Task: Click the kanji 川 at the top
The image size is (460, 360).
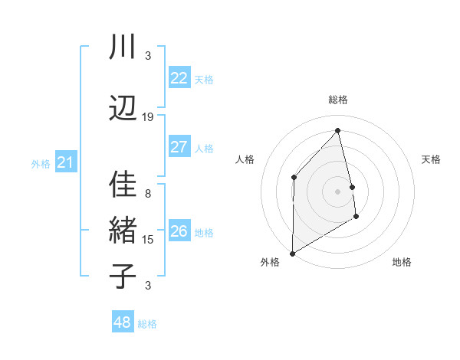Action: (123, 48)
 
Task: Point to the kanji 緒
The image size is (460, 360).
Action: (123, 231)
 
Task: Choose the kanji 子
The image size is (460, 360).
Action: (123, 275)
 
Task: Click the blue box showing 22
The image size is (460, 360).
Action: (179, 78)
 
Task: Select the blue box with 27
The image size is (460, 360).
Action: (179, 147)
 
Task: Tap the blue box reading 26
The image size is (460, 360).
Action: (179, 231)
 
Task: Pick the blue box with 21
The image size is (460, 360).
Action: (66, 162)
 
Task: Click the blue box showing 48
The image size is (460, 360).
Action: (123, 322)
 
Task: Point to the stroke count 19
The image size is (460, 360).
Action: (148, 117)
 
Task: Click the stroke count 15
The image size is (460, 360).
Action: (148, 240)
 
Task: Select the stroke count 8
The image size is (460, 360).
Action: (148, 194)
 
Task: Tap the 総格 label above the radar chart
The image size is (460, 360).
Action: (337, 100)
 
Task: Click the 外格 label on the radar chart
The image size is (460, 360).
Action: (270, 262)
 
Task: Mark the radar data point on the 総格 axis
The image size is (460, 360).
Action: (337, 130)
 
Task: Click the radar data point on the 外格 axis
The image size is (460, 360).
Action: (292, 253)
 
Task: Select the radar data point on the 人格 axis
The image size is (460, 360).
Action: (294, 178)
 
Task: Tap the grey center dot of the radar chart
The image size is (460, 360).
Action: (337, 191)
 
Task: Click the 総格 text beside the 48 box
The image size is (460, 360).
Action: (147, 324)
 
